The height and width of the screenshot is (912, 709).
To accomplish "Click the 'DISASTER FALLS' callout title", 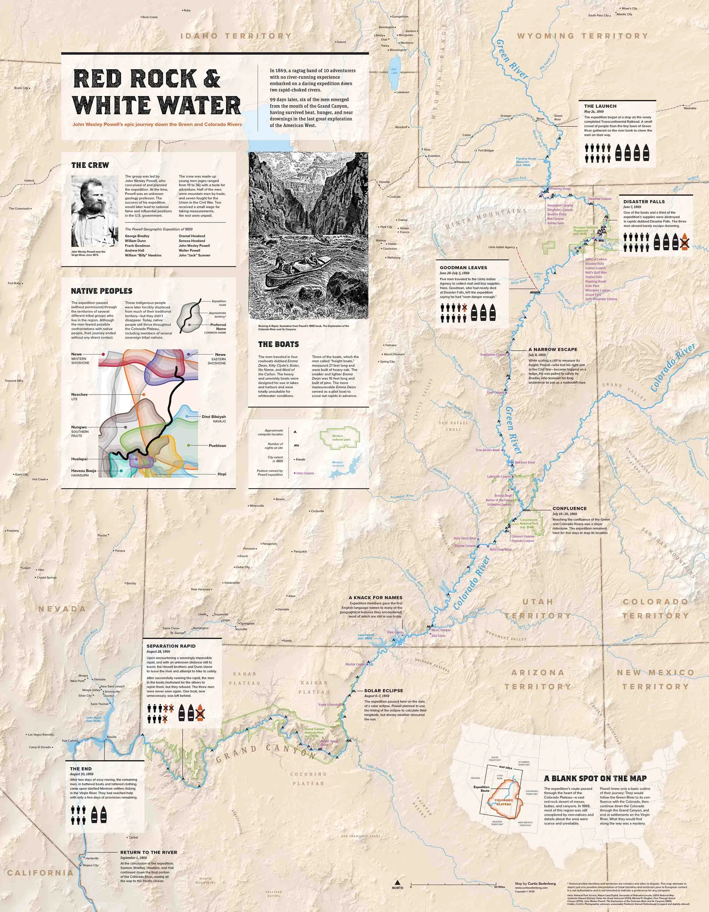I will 644,201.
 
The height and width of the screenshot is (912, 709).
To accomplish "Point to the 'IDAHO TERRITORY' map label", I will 236,36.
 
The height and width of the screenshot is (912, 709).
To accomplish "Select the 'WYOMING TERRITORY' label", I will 583,36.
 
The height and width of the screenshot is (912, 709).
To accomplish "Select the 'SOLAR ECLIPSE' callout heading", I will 383,691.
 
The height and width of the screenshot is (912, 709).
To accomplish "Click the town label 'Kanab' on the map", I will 287,641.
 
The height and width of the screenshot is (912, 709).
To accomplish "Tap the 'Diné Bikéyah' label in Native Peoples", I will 213,417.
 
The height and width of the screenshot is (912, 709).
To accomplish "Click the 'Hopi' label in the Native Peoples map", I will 222,474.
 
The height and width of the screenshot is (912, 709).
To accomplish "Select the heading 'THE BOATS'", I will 278,344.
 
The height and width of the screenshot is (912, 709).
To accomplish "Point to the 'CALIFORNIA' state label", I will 40,873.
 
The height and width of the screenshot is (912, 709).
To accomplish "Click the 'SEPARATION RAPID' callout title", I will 171,646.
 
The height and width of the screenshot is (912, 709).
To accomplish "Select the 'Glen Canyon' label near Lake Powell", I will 395,632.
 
